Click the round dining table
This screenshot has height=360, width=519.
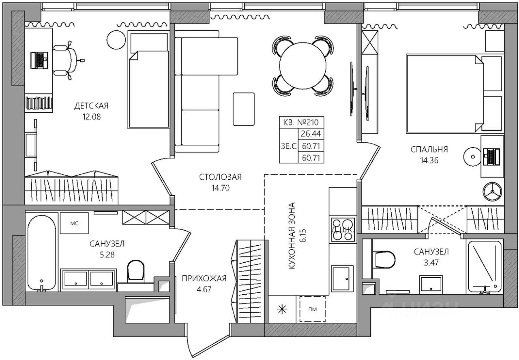pyautogui.click(x=303, y=66)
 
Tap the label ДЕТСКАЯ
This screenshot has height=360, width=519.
pyautogui.click(x=91, y=106)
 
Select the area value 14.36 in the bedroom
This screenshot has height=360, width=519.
pyautogui.click(x=429, y=160)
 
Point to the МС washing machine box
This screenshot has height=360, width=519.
pyautogui.click(x=74, y=223)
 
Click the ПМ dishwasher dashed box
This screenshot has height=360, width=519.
pyautogui.click(x=312, y=309)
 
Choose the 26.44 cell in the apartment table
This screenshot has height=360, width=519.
pyautogui.click(x=311, y=134)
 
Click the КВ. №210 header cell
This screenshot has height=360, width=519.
pyautogui.click(x=301, y=122)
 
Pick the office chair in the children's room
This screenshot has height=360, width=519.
pyautogui.click(x=66, y=60)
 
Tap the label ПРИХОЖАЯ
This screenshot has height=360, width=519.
pyautogui.click(x=204, y=278)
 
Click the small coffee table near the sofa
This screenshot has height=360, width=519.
pyautogui.click(x=244, y=109)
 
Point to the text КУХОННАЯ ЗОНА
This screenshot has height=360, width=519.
pyautogui.click(x=292, y=236)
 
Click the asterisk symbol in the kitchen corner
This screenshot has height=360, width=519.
pyautogui.click(x=282, y=309)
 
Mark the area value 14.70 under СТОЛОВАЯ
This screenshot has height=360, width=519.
pyautogui.click(x=220, y=188)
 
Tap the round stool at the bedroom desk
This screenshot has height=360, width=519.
pyautogui.click(x=473, y=157)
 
